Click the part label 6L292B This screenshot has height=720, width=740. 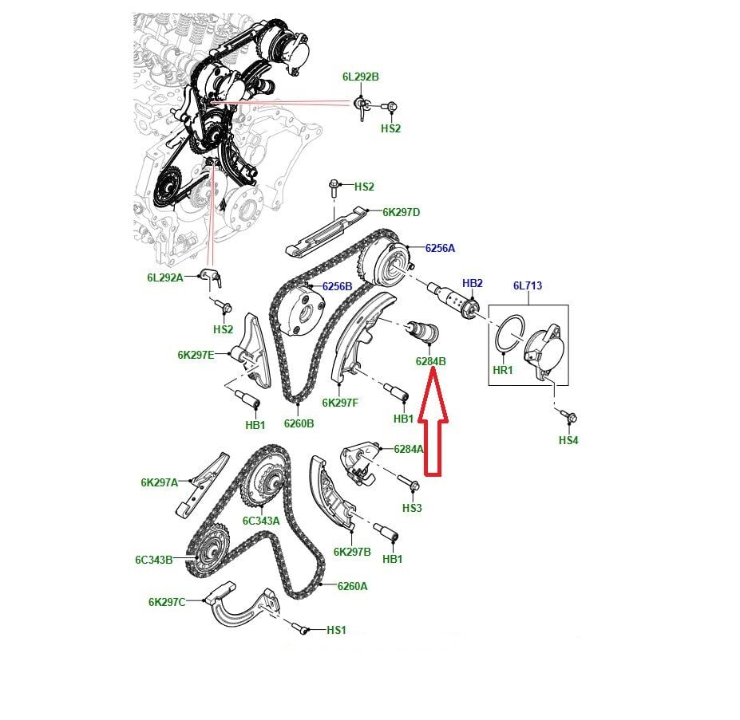tap(361, 77)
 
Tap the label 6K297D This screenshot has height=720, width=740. tap(401, 213)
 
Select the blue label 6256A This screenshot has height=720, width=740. tap(440, 249)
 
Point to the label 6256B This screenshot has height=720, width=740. tap(337, 287)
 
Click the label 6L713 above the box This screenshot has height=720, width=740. tap(528, 285)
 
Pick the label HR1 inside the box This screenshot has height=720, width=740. tap(503, 370)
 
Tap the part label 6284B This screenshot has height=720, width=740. tap(430, 362)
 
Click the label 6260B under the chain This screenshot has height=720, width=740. tap(299, 424)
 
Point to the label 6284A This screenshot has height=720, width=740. tap(409, 450)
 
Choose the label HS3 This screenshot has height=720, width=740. tap(412, 508)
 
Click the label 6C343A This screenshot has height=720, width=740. tap(261, 521)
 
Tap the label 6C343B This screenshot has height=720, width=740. tap(154, 561)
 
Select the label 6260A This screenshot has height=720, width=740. tap(352, 587)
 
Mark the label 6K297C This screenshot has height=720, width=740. tap(167, 603)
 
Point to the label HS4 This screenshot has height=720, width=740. tap(568, 440)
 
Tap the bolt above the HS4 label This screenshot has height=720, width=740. tap(568, 416)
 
